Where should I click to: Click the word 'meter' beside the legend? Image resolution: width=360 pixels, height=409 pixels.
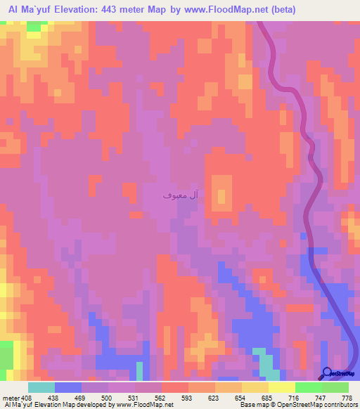coord(11,397)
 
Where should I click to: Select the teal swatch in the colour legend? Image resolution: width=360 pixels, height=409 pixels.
coord(41,387)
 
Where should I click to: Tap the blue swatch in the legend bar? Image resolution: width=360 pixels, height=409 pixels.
coord(68,387)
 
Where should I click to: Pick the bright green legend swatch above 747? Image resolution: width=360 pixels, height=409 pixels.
coord(309,387)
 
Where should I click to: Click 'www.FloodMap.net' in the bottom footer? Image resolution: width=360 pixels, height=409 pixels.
coord(146,405)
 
